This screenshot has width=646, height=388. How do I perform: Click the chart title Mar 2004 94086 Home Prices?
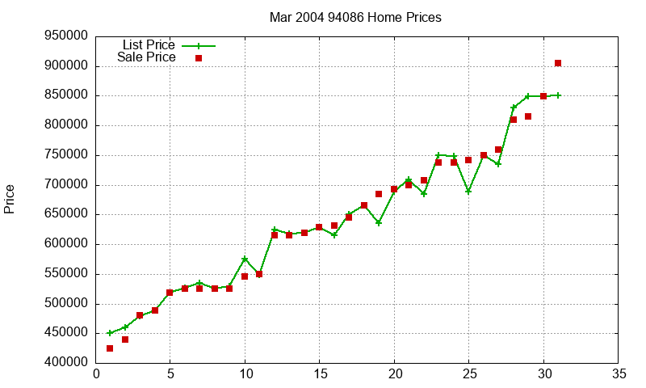(355, 17)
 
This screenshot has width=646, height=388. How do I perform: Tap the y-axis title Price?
(10, 199)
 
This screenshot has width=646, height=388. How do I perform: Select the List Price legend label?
(149, 45)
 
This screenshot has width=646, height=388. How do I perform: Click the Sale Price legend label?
(146, 57)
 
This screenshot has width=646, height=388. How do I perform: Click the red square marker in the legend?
(199, 58)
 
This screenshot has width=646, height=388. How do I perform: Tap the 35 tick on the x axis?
(619, 374)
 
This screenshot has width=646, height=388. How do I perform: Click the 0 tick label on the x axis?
(96, 374)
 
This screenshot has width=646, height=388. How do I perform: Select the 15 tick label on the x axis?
(320, 374)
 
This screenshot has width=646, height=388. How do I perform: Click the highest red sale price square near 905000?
(558, 63)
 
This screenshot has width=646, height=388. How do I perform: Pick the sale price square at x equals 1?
(110, 348)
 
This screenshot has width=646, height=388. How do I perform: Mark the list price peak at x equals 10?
(245, 259)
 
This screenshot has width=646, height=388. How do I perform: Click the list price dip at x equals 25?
(468, 192)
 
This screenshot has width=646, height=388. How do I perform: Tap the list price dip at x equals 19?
(379, 222)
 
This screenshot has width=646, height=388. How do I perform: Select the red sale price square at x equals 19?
(379, 194)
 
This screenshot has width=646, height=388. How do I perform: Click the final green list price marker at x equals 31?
(558, 95)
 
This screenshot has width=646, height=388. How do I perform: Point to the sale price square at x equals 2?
(125, 339)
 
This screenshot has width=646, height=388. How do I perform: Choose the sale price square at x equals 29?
(528, 116)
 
